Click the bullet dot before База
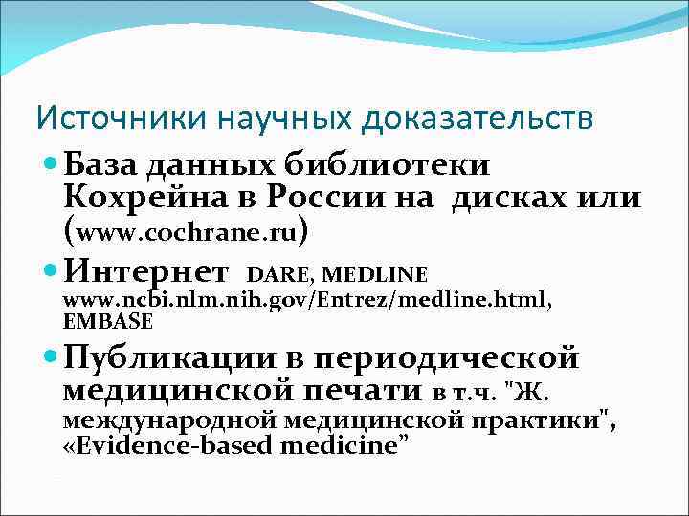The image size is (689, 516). click(52, 165)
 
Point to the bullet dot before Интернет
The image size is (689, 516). click(52, 272)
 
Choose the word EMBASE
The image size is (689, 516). click(106, 321)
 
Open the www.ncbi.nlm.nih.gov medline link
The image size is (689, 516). click(306, 301)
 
